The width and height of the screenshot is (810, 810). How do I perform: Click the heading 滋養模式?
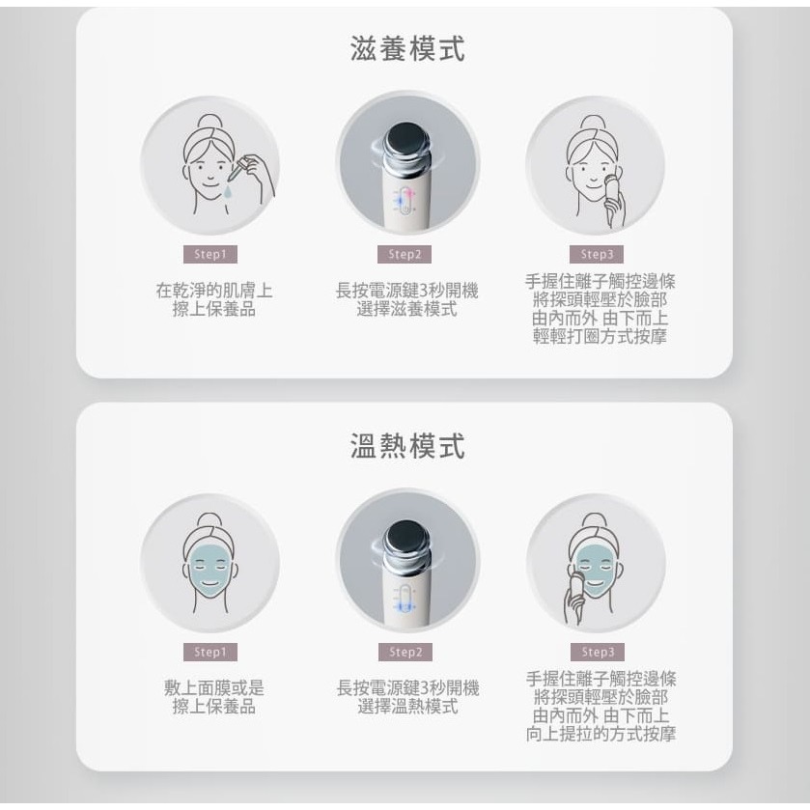coord(406,47)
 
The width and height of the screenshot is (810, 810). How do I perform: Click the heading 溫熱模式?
coord(406,446)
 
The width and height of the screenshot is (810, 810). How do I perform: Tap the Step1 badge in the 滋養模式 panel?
coord(209,255)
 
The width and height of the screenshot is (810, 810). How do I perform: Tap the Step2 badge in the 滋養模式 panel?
coord(405,255)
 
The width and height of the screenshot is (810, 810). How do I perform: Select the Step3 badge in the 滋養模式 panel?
coord(598,255)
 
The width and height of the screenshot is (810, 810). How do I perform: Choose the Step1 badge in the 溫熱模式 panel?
coord(209,652)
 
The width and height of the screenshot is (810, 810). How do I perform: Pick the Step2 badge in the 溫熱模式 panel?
coord(405,652)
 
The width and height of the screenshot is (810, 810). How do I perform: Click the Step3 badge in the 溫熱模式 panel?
coord(598,652)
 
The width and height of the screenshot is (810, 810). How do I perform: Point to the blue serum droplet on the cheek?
coord(228,191)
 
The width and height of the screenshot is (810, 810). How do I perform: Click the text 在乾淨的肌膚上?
coord(214,290)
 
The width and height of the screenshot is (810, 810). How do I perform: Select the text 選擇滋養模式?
coord(406,310)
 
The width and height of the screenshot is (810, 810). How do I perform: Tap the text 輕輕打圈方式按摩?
coord(600,337)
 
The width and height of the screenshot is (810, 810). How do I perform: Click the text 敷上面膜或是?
coord(214,687)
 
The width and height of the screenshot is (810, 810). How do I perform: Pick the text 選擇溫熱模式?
coord(406,708)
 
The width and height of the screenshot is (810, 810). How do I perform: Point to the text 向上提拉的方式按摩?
coord(601,735)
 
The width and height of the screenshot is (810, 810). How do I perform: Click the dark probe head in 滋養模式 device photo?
coord(407,141)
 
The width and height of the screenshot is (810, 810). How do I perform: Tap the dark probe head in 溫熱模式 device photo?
coord(407,539)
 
